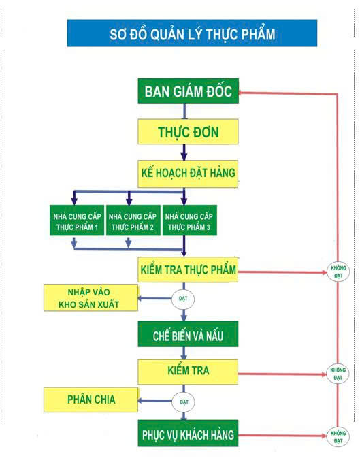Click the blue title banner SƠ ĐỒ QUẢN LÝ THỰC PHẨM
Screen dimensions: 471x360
pos(192,33)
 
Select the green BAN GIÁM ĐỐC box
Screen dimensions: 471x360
pos(188,91)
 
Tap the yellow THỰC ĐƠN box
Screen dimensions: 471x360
pos(188,131)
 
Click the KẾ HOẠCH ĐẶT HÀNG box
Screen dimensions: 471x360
pos(188,173)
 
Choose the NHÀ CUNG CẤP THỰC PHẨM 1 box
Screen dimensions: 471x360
pos(77,221)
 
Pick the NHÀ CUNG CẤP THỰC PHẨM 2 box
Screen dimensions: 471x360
pos(133,221)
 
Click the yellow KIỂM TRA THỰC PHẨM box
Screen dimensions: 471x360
pos(188,270)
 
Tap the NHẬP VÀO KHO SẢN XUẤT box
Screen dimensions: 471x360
pos(91,298)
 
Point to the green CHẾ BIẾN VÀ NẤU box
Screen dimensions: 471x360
pos(188,334)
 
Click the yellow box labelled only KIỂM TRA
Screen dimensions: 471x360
pos(188,372)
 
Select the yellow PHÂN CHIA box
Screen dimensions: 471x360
pos(91,400)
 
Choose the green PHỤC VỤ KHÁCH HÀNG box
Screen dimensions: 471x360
pos(188,434)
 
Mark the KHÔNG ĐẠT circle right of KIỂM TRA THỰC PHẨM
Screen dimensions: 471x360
pos(338,272)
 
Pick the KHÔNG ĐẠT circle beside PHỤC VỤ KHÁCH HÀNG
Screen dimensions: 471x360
pos(338,436)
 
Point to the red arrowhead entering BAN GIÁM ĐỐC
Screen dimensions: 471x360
pos(244,93)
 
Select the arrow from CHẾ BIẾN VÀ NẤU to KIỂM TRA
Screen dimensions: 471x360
pos(184,353)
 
